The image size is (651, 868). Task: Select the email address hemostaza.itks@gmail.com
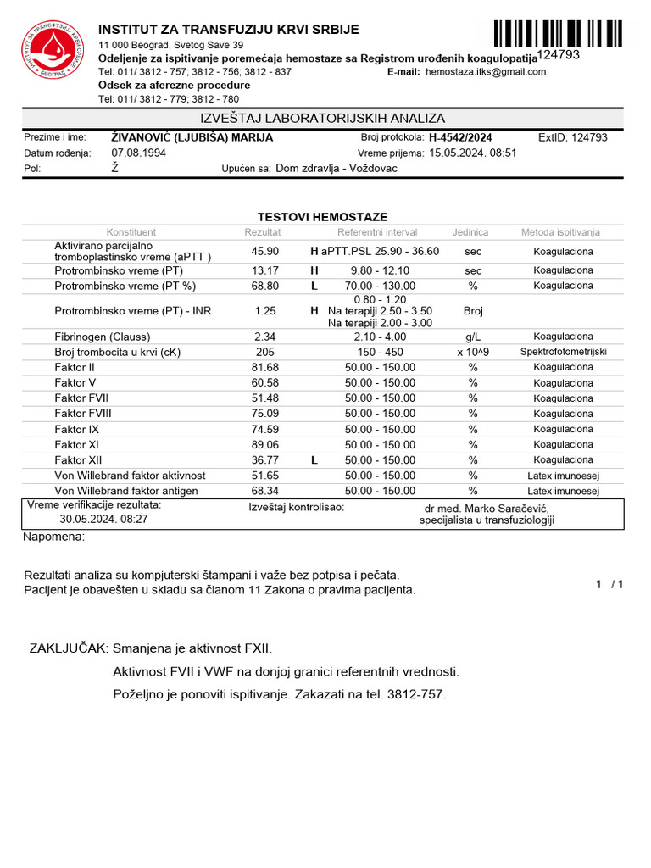coord(486,72)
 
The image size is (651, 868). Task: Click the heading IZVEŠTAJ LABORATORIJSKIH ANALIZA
coord(322,119)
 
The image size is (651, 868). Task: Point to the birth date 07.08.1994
coord(139,153)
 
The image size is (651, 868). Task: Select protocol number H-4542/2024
coord(460,137)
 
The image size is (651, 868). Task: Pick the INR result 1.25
coord(265,311)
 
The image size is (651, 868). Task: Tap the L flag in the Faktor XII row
coord(314,460)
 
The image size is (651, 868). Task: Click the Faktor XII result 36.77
coord(265,460)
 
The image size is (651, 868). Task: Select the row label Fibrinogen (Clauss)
coord(104,337)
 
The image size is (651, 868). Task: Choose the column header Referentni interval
coord(377,232)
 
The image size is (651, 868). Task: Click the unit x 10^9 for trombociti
coord(473,352)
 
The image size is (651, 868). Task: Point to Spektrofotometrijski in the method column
coord(564,352)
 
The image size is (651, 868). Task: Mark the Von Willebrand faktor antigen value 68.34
coord(265,491)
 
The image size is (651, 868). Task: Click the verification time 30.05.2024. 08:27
coord(103,519)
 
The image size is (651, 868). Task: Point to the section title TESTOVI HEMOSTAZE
coord(322,217)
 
